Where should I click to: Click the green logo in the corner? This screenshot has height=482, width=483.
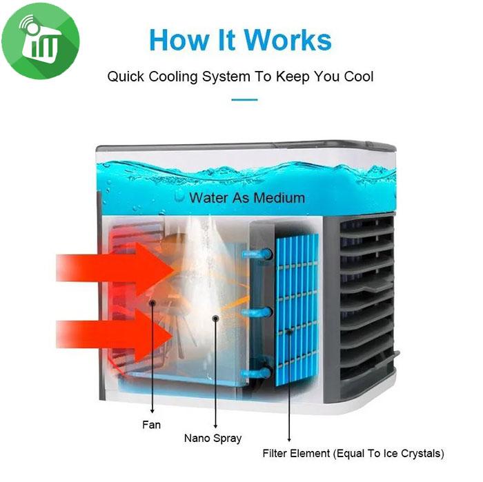click(40, 41)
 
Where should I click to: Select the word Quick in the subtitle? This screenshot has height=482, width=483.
click(126, 76)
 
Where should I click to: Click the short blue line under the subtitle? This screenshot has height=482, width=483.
click(244, 99)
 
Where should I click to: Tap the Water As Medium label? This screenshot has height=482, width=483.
click(246, 198)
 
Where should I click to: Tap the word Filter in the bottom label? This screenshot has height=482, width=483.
click(275, 454)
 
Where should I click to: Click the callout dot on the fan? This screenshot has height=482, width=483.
click(152, 303)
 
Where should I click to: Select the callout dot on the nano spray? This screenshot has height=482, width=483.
click(216, 318)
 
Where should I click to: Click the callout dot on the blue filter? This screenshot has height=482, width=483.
click(289, 332)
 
